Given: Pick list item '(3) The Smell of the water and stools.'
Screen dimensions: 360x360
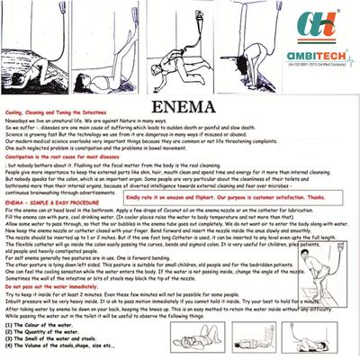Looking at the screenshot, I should click(x=55, y=340).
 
